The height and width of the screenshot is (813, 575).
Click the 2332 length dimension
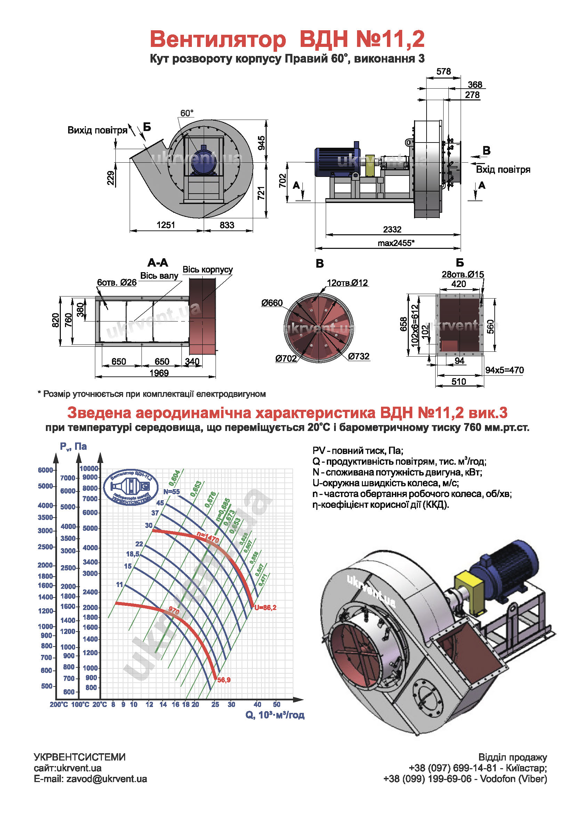(x=392, y=229)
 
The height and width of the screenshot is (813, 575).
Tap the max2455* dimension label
(x=396, y=243)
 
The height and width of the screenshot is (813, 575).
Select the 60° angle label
(x=187, y=113)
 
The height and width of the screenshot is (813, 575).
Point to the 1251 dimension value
(x=166, y=225)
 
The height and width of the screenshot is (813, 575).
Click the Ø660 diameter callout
(x=272, y=303)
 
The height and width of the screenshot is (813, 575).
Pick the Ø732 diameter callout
(x=359, y=356)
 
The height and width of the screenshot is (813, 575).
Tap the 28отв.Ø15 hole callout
(x=463, y=275)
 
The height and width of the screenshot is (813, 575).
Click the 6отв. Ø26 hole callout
(x=117, y=283)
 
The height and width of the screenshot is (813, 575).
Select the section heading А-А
(x=157, y=263)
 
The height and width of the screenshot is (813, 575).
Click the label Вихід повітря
(x=97, y=130)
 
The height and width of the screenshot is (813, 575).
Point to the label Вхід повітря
(x=503, y=170)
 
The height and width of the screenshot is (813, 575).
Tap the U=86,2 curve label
(x=265, y=608)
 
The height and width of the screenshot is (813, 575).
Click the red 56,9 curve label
(x=224, y=680)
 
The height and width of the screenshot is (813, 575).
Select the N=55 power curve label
(x=171, y=492)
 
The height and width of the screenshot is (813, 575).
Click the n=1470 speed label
(x=208, y=538)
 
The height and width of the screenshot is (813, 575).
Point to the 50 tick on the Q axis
(x=276, y=705)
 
